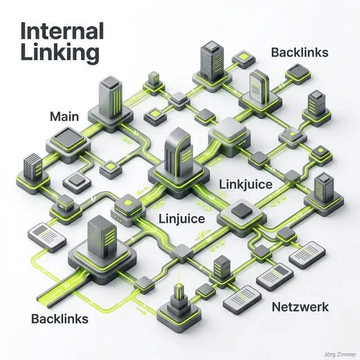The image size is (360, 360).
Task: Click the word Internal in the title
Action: coord(62,31)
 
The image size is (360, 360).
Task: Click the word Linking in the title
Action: coord(59,53)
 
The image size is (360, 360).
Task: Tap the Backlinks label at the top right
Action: coord(299,53)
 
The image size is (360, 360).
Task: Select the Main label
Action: coord(64,117)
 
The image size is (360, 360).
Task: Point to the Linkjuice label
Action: coord(245,184)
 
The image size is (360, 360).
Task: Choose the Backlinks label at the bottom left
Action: coord(59,319)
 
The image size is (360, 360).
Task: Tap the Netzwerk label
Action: coord(300,307)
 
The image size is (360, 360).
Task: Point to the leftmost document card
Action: coord(42,233)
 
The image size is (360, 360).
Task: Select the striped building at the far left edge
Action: coord(29,168)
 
